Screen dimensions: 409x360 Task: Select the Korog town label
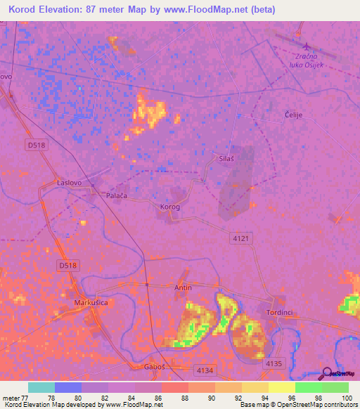170,207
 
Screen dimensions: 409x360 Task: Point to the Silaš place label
226,159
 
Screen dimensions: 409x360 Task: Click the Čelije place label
292,115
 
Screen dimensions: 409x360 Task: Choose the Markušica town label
90,303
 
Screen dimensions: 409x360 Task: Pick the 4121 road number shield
240,239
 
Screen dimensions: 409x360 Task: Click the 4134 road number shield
205,370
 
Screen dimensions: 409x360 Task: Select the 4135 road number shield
274,363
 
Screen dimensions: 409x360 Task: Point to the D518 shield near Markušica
67,265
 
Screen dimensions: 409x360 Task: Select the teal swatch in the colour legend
41,387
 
